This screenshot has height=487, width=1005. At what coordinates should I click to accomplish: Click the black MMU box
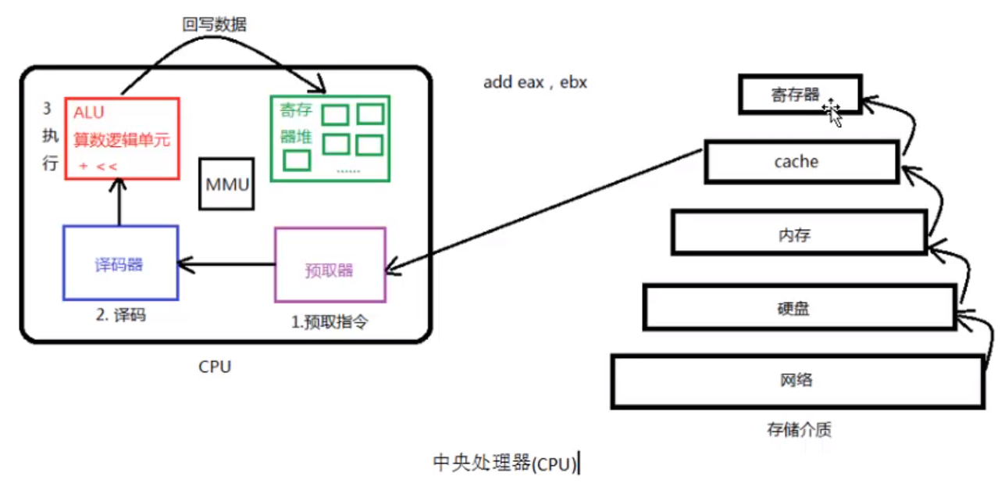click(226, 184)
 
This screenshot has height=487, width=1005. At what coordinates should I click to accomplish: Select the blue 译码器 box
click(120, 263)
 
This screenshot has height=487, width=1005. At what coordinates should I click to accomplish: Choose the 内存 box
click(797, 234)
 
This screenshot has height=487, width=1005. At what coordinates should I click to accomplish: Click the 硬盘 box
click(797, 307)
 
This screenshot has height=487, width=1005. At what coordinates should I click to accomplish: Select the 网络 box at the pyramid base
click(797, 381)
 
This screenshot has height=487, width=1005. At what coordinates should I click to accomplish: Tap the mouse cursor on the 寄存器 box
click(832, 113)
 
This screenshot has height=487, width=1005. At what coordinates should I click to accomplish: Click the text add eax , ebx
click(535, 82)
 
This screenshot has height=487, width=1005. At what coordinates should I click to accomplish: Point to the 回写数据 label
click(214, 25)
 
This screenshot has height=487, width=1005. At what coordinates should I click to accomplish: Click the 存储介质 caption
click(796, 429)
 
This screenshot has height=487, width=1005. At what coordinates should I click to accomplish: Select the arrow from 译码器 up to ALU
click(119, 202)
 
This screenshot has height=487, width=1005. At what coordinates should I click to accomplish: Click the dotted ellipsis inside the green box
click(347, 170)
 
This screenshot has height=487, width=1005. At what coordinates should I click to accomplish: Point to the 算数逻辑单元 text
click(122, 141)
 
